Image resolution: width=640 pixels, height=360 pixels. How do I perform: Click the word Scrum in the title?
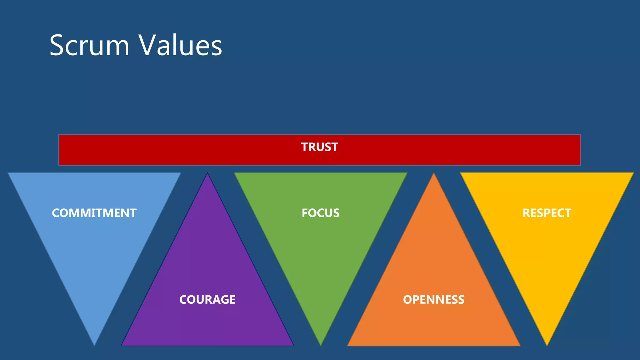pos(89,46)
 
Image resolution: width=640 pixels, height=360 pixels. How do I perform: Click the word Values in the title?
pos(180,46)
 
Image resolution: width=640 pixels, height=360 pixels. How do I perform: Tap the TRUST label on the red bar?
pos(319,147)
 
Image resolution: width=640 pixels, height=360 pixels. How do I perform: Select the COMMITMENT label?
pos(94,213)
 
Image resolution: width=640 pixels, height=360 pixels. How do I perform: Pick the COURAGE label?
pos(207,300)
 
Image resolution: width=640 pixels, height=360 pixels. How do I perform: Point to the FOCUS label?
pos(321,213)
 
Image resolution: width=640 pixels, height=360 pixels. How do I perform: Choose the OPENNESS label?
pos(434,300)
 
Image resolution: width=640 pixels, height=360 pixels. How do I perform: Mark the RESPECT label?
pos(547,213)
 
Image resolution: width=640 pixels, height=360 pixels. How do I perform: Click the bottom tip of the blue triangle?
pos(94,345)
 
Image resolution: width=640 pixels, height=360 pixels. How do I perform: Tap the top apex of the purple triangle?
pos(207,174)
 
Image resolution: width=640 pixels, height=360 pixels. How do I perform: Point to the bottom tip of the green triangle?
pos(321,345)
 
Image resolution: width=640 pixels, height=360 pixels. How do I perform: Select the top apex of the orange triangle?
pos(434,174)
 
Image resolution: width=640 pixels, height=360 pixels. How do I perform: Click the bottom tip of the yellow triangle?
pos(547,345)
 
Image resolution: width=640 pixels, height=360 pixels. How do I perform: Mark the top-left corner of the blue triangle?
pos(9,173)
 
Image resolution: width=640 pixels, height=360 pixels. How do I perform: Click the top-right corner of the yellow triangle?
pos(632,173)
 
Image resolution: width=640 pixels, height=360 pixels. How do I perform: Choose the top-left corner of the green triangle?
pos(235,173)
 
